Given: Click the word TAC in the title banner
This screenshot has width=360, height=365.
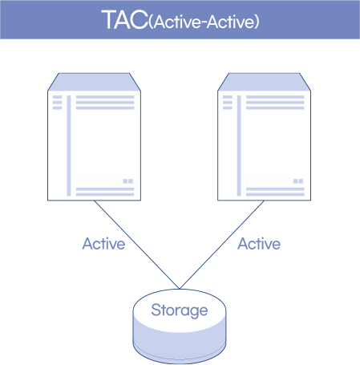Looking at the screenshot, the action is (125, 19).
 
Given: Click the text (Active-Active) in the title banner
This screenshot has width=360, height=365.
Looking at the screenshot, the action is (204, 22).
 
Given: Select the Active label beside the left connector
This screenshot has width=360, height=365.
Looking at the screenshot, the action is (103, 244).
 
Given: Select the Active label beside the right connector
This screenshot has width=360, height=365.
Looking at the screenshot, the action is (259, 244).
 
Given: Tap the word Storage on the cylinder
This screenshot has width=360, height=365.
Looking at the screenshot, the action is (180, 310).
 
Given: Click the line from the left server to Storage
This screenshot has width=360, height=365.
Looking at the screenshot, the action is (136, 245).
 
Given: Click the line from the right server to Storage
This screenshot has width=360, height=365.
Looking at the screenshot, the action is (222, 245).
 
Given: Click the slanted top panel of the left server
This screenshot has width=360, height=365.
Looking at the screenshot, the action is (94, 82).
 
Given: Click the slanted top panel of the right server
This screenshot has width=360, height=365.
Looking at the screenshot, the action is (264, 82).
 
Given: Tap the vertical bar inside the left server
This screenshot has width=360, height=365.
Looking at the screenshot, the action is (69, 145).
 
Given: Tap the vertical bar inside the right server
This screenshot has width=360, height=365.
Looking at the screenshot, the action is (239, 145).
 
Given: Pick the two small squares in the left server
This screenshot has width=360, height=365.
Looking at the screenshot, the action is (128, 181).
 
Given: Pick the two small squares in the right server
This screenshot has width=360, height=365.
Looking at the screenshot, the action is (298, 181).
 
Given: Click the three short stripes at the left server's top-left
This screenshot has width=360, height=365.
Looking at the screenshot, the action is (57, 103).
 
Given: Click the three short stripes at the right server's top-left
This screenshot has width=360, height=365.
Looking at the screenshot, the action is (228, 103).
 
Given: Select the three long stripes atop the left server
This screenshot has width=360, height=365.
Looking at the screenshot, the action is (105, 103).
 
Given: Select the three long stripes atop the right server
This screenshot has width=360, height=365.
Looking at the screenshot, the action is (275, 103).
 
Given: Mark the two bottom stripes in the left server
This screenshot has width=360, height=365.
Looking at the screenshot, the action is (105, 192).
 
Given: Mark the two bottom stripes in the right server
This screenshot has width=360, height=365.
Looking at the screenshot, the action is (275, 192).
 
